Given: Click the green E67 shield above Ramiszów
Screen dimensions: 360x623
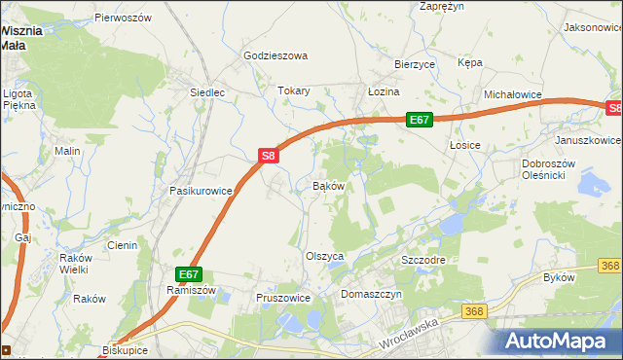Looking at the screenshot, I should click(189, 275).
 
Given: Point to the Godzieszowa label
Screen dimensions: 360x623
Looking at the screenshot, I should click(275, 56).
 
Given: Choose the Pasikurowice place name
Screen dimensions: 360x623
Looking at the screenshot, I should click(201, 192).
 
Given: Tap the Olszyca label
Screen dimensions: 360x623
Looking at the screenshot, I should click(325, 256).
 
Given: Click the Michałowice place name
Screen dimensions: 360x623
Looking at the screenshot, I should click(512, 94).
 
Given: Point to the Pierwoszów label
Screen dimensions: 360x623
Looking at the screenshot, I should click(124, 18).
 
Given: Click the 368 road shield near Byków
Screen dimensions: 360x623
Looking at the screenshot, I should click(610, 266).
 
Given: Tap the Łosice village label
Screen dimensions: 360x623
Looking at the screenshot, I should click(465, 145).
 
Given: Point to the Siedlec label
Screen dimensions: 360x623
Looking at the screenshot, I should click(206, 93).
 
